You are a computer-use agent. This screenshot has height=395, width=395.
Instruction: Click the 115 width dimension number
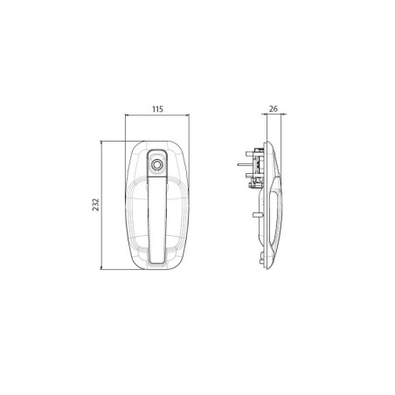tap(157, 109)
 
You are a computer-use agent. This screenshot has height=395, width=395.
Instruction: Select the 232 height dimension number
tap(96, 204)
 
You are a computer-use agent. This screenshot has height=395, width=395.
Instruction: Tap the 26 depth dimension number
tap(274, 109)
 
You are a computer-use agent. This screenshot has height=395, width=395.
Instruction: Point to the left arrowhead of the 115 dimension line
tap(127, 115)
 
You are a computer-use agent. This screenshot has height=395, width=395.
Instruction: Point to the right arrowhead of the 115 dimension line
tap(187, 115)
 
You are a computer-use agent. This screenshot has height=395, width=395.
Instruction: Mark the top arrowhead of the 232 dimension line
tap(101, 143)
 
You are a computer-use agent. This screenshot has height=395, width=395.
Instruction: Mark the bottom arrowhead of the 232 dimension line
tap(101, 267)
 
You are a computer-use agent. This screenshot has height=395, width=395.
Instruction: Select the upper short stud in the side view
tap(250, 153)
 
